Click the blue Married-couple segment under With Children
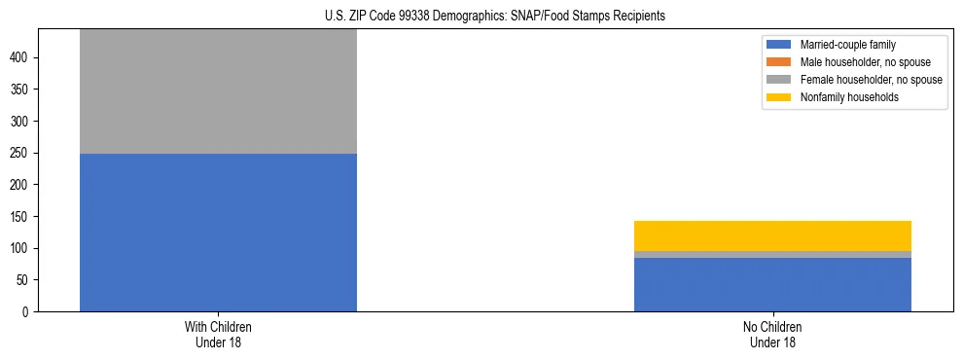click(x=218, y=233)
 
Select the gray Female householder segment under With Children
click(x=218, y=91)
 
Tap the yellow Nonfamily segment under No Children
click(x=772, y=235)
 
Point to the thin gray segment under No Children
click(x=772, y=254)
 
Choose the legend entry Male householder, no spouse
click(x=865, y=62)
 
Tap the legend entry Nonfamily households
click(x=849, y=97)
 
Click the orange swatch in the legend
click(x=780, y=62)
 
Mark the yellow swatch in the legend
click(x=780, y=97)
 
